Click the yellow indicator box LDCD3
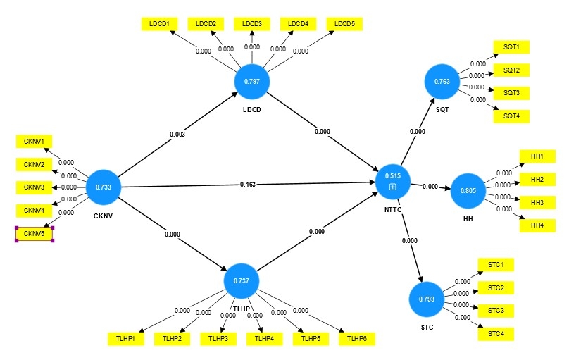pyautogui.click(x=252, y=24)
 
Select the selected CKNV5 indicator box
pyautogui.click(x=34, y=234)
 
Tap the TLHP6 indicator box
pyautogui.click(x=356, y=339)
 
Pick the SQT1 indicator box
pyautogui.click(x=511, y=47)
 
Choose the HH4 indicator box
pyautogui.click(x=537, y=225)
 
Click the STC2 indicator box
pyautogui.click(x=496, y=288)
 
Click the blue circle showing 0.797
pyautogui.click(x=252, y=82)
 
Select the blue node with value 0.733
pyautogui.click(x=104, y=187)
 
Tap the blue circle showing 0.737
pyautogui.click(x=242, y=281)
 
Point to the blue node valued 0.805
pyautogui.click(x=468, y=191)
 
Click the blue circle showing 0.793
pyautogui.click(x=426, y=299)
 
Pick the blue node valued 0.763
pyautogui.click(x=442, y=82)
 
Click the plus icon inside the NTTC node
pyautogui.click(x=393, y=187)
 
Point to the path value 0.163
pyautogui.click(x=247, y=185)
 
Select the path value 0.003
pyautogui.click(x=177, y=135)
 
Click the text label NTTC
pyautogui.click(x=393, y=210)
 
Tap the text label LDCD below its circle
pyautogui.click(x=252, y=110)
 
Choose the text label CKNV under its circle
pyautogui.click(x=103, y=216)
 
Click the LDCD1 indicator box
pyautogui.click(x=159, y=24)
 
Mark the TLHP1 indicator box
pyautogui.click(x=125, y=339)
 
